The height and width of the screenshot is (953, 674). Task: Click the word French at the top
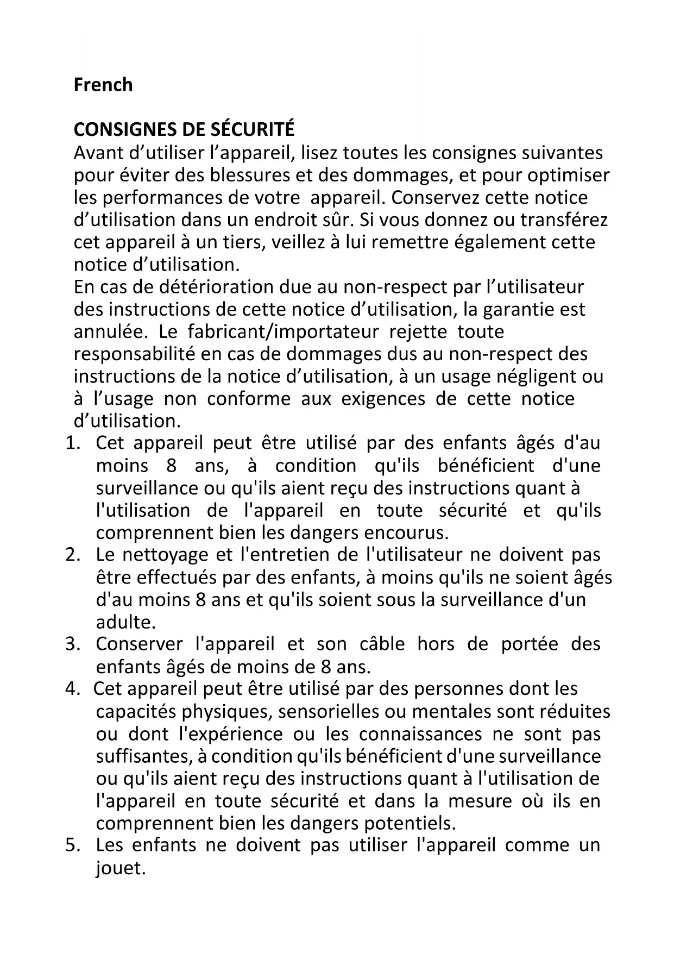point(103,85)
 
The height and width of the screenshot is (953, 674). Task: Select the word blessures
point(250,175)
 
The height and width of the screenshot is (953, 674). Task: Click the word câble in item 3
point(382,644)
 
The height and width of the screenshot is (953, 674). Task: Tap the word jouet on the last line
point(121,868)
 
